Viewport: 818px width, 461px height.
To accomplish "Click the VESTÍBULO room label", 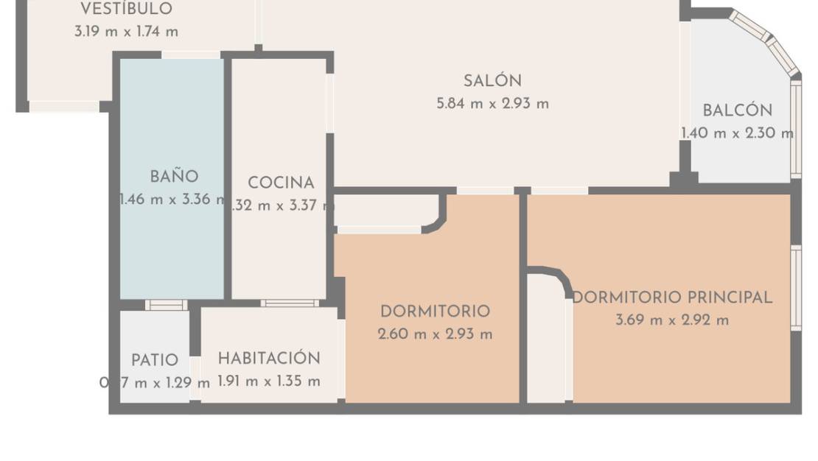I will click(126, 10).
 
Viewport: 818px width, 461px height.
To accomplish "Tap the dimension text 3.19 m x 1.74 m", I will click(126, 32).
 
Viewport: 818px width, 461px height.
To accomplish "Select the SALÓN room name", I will click(492, 81).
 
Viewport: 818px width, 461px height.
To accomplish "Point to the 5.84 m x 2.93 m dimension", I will click(492, 104).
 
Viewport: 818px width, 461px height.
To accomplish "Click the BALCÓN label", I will click(737, 111).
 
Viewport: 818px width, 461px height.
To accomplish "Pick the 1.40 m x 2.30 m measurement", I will click(737, 133).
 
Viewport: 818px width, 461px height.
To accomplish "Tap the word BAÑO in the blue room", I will click(174, 177).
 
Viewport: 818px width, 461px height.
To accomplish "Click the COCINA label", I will click(281, 183).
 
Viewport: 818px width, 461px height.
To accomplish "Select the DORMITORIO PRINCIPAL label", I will click(672, 298).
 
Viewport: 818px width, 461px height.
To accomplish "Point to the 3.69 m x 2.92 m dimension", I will click(672, 320).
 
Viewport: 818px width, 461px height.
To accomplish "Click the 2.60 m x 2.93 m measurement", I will click(435, 334).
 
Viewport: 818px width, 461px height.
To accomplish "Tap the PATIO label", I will click(155, 360).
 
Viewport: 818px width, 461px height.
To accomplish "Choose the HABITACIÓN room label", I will click(269, 359).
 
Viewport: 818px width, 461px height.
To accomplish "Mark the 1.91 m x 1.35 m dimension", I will click(269, 381).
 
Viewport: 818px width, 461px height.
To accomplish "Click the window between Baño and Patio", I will click(166, 305).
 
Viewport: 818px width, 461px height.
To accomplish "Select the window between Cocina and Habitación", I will click(290, 303).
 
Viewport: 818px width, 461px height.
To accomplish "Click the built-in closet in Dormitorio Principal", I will click(546, 339).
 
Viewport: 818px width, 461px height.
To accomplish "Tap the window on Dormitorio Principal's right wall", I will click(796, 287).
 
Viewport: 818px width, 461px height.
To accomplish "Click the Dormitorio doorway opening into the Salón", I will click(485, 191).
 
